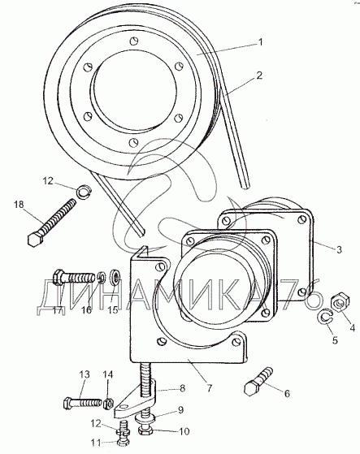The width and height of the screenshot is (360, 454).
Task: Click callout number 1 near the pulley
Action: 260,42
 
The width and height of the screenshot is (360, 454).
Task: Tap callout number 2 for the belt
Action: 259,76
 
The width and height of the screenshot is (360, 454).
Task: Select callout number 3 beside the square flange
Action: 339,249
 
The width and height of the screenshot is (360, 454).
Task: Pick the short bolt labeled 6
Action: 258,381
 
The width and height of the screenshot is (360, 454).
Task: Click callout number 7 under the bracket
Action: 209,387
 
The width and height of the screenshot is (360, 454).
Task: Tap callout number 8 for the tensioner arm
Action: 182,388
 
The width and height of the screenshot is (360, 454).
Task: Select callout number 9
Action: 180,410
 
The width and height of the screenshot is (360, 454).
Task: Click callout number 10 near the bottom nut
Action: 184,431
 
